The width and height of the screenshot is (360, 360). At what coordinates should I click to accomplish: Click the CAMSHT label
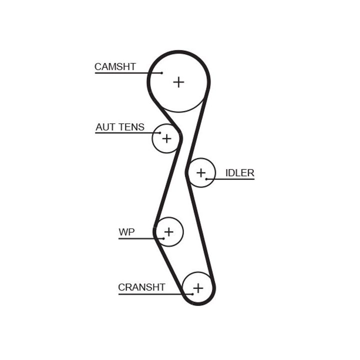(x=115, y=66)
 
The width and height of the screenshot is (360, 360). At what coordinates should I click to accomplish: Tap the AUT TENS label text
(x=120, y=127)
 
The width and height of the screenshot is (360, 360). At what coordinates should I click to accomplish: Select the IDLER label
(x=239, y=173)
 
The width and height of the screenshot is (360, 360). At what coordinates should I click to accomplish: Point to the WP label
(x=126, y=232)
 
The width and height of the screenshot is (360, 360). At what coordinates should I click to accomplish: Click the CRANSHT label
(x=141, y=287)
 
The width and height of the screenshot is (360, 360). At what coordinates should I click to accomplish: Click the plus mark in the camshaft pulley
(x=178, y=82)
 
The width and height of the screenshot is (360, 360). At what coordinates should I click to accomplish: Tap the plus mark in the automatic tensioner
(x=166, y=138)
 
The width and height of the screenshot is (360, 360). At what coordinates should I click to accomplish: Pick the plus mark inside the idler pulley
(x=200, y=173)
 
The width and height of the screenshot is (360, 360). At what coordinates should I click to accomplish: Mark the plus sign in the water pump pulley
(x=169, y=232)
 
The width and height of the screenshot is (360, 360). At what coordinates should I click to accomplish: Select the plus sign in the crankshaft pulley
(x=198, y=288)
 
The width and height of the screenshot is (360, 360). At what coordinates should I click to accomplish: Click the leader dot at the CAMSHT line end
(x=161, y=73)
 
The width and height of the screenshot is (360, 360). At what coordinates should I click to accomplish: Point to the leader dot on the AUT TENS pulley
(x=159, y=133)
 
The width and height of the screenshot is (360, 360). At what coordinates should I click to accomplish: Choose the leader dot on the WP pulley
(x=162, y=238)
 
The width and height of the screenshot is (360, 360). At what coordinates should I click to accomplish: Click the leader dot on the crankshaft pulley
(x=192, y=293)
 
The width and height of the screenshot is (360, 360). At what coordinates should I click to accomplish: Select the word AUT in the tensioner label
(x=105, y=127)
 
